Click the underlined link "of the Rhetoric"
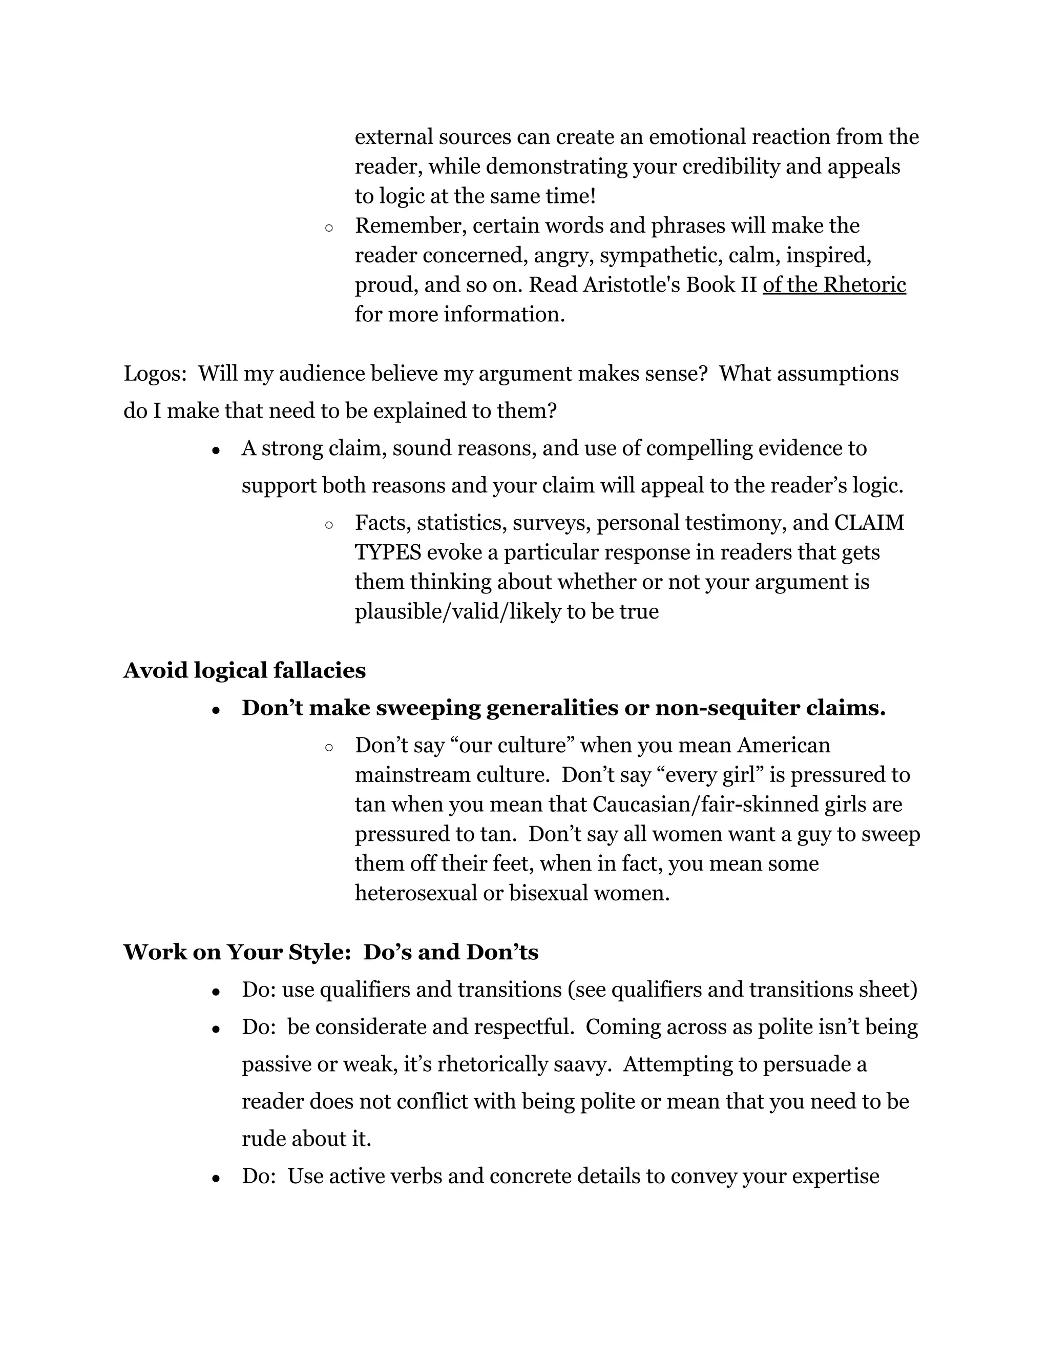[x=834, y=285]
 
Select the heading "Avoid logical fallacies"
[x=244, y=670]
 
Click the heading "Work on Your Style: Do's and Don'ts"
[x=330, y=952]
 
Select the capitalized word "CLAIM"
[x=869, y=522]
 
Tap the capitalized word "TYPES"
[x=388, y=552]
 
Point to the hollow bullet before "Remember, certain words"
[x=329, y=228]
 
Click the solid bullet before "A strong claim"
[x=216, y=450]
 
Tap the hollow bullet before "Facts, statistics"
[x=329, y=525]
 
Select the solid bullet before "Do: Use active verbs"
[x=216, y=1178]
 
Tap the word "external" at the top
[x=393, y=137]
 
